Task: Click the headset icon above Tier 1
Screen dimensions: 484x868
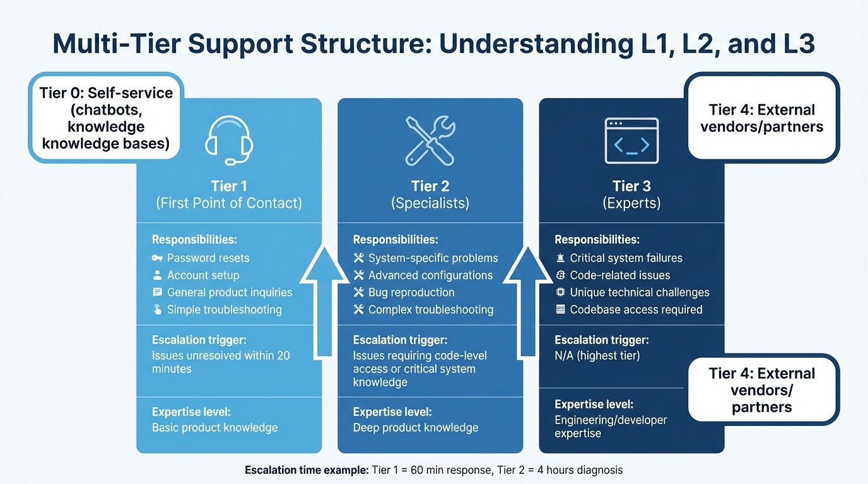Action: coord(229,141)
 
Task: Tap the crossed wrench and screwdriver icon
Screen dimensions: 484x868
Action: coord(430,140)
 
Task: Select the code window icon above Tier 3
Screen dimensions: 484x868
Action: coord(631,141)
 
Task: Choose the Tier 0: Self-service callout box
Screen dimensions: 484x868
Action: coord(106,118)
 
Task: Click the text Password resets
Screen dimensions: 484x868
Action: coord(208,258)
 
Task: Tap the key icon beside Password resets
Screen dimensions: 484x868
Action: coord(158,258)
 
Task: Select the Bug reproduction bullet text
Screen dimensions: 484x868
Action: coord(411,292)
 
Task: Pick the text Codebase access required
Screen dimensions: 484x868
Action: coord(636,309)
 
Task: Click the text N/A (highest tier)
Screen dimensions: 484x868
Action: coord(597,355)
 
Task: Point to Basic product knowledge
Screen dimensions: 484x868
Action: coord(214,427)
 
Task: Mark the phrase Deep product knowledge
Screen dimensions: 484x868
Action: coord(416,427)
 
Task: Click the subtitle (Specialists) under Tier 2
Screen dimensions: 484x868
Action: coord(430,203)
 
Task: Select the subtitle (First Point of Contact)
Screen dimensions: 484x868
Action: coord(229,203)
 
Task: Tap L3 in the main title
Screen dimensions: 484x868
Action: coord(797,45)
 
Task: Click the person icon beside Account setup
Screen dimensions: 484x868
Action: coord(158,275)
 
